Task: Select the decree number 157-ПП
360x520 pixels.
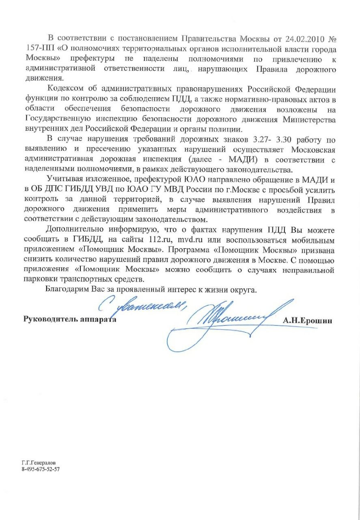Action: [x=39, y=50]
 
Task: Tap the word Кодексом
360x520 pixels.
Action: [x=65, y=89]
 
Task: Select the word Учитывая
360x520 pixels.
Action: [x=63, y=179]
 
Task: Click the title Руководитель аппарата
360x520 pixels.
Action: [x=70, y=319]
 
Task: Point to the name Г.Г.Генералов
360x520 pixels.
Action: [x=39, y=462]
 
